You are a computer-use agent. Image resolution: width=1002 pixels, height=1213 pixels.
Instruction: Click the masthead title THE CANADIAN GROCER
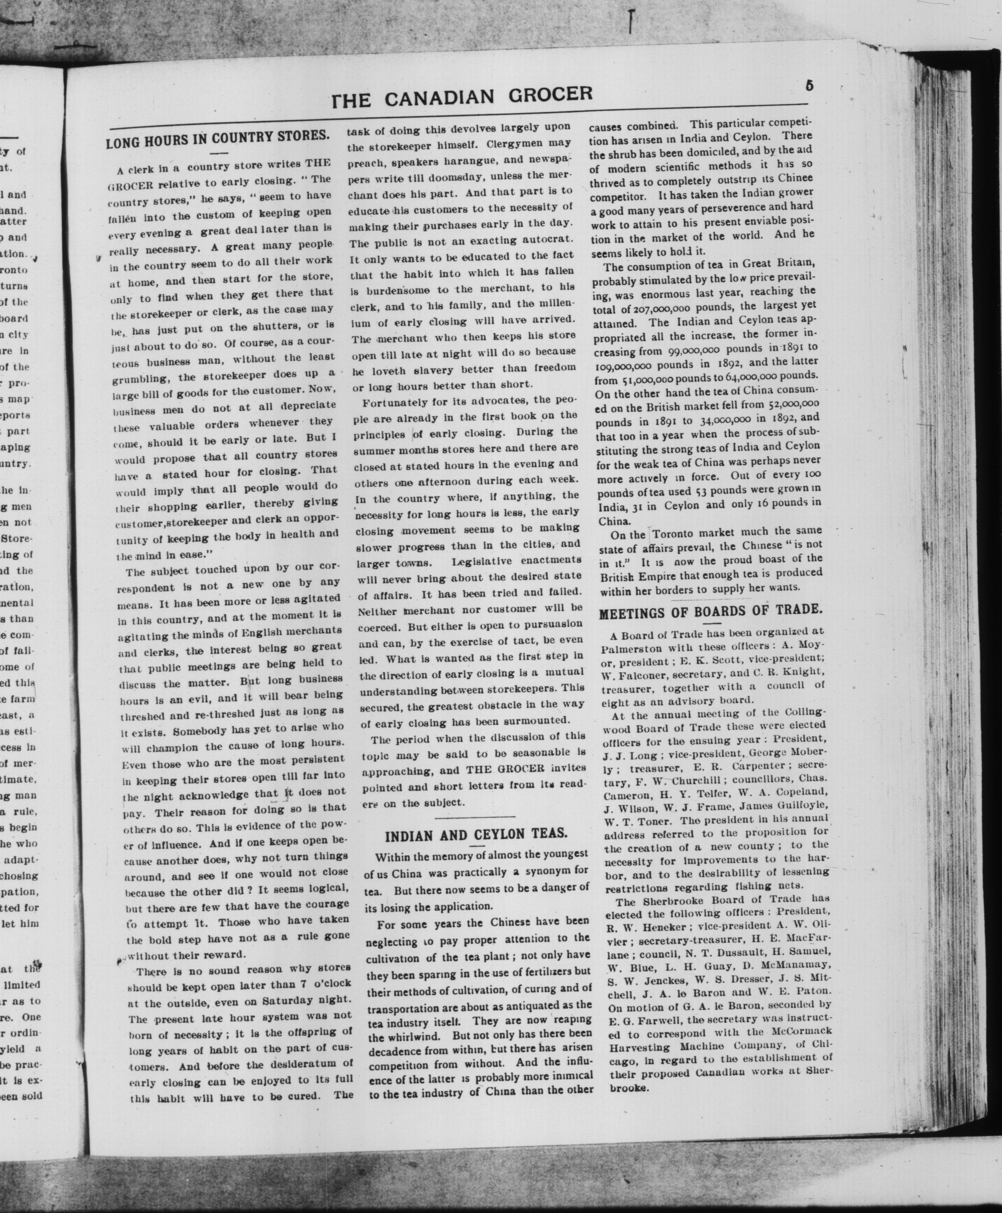(x=462, y=97)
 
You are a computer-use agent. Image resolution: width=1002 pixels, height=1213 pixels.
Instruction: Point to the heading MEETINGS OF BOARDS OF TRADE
(x=710, y=611)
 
